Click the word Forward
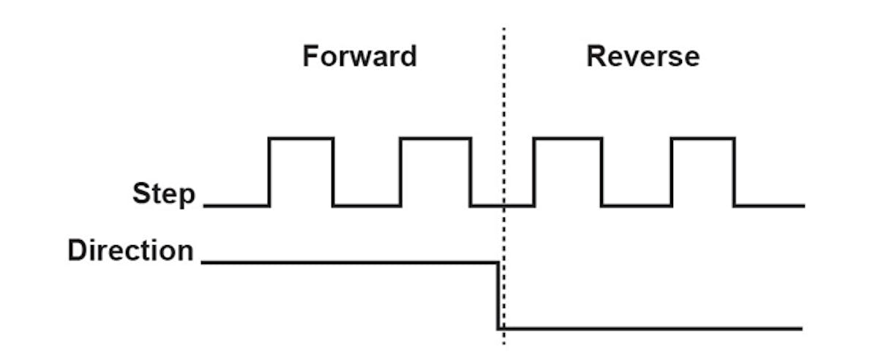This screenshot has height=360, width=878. [x=359, y=56]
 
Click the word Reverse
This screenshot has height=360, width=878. [x=642, y=56]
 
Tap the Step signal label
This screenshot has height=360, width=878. [x=164, y=195]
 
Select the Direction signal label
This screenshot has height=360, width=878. [x=130, y=251]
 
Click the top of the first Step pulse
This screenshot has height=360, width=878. [x=301, y=138]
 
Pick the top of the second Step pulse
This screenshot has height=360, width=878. [x=435, y=138]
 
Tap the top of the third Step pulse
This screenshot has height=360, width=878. [x=568, y=138]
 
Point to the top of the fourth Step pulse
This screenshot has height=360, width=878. [x=702, y=138]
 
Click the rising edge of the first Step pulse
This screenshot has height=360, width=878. [x=270, y=172]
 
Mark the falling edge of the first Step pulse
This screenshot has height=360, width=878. [x=334, y=172]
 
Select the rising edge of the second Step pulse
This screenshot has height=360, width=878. [x=400, y=172]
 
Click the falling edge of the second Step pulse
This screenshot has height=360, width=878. [x=470, y=172]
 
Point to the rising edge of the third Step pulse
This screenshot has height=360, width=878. [x=534, y=172]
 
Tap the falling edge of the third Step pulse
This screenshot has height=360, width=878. [x=601, y=172]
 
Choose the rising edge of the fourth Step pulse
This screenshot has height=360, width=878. [x=671, y=172]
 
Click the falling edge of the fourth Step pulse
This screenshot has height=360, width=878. [x=735, y=172]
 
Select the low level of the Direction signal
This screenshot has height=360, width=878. [x=651, y=328]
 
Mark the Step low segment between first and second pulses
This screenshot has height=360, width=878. [x=367, y=206]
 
